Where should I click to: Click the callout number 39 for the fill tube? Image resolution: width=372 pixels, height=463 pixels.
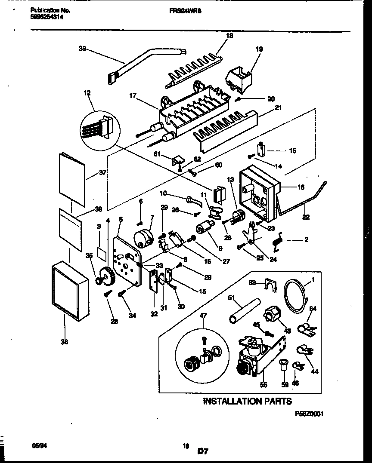point(82,49)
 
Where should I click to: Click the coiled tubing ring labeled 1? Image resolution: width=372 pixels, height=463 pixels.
point(296,296)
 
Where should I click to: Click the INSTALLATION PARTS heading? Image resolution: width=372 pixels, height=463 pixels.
point(247,401)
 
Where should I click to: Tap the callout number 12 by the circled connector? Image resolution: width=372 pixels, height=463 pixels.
point(88,93)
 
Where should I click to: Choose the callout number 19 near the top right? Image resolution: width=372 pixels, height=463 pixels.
point(259,49)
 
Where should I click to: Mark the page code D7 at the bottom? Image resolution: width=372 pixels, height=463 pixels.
point(203,451)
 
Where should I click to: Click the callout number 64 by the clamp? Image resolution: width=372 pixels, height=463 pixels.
point(313,309)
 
